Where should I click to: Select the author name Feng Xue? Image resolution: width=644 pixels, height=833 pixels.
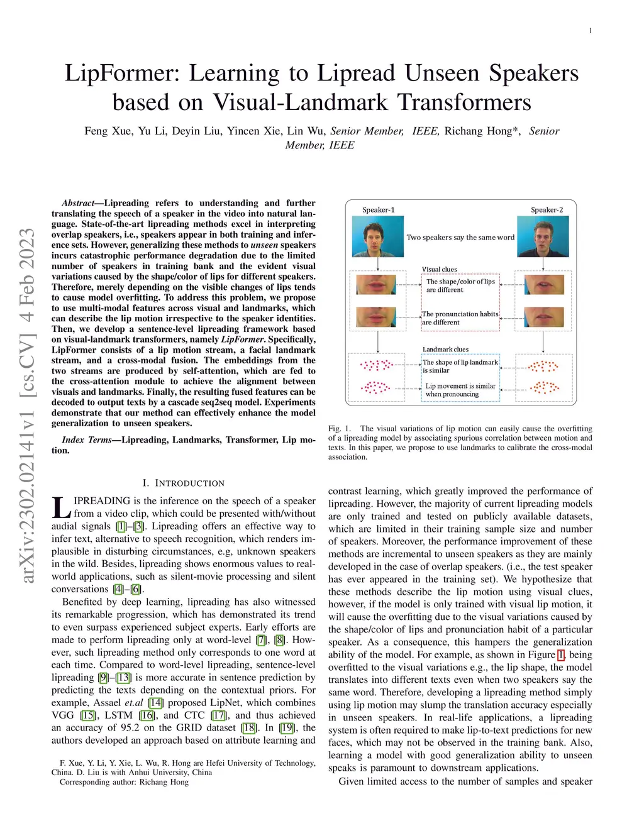(108, 131)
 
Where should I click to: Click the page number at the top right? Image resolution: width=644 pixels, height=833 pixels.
(590, 31)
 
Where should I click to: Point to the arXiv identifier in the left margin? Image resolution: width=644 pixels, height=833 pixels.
(27, 405)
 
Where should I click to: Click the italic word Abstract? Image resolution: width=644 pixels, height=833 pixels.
(77, 203)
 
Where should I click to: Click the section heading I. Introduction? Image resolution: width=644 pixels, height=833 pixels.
(183, 483)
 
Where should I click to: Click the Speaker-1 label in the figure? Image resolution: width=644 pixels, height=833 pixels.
(379, 210)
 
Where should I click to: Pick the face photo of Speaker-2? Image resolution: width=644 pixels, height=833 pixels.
(543, 237)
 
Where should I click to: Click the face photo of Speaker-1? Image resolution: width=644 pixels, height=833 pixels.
(377, 237)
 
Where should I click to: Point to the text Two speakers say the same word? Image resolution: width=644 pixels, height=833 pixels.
(460, 238)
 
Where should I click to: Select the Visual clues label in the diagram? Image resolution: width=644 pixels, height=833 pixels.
(440, 269)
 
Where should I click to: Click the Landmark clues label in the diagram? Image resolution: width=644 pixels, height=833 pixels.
(445, 349)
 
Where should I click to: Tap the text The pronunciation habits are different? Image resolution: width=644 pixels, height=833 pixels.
(460, 318)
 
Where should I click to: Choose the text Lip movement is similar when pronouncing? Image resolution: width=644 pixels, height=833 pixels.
(460, 390)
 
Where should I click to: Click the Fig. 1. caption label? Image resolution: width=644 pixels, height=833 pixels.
(340, 429)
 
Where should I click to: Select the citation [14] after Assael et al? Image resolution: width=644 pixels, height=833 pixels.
(155, 703)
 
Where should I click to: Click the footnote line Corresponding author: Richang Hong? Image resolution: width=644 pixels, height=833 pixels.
(124, 782)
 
